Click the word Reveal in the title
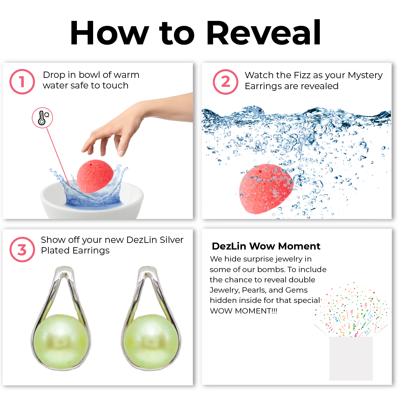(x=264, y=32)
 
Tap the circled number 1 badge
(x=22, y=82)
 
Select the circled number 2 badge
(x=225, y=82)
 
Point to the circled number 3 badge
(x=22, y=250)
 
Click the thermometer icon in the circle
(x=42, y=118)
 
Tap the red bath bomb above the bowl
(x=95, y=177)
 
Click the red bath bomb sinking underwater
(x=266, y=189)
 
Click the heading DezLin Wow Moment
(x=266, y=246)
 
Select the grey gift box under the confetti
(x=351, y=358)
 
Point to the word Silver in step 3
(x=172, y=240)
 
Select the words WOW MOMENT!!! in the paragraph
(x=244, y=311)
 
